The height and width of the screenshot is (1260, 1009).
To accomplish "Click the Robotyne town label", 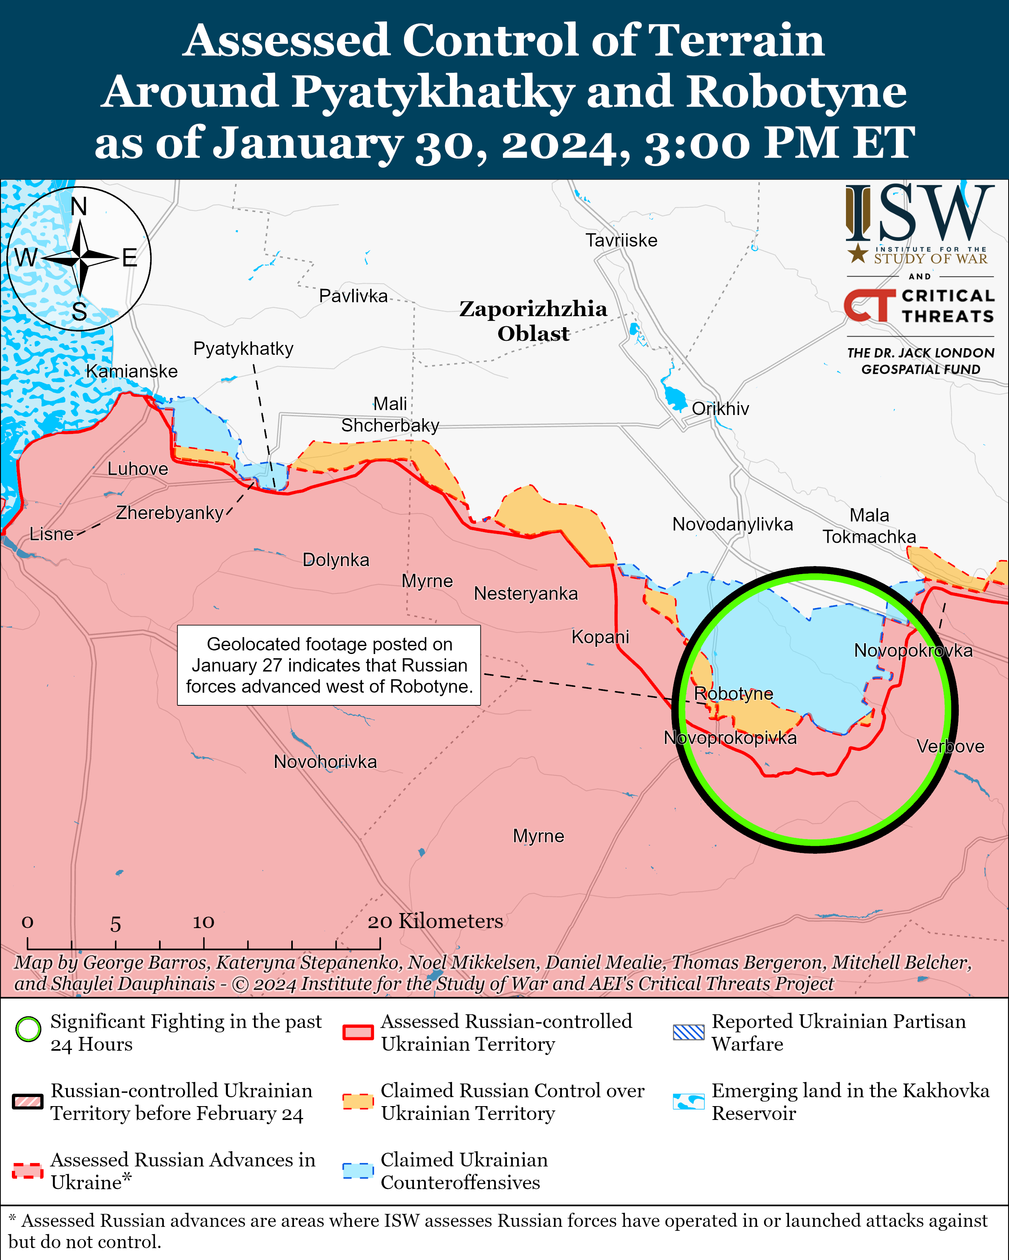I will point(733,694).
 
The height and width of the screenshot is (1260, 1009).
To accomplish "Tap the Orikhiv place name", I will point(720,409).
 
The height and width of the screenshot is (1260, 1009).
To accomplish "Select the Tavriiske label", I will point(621,240).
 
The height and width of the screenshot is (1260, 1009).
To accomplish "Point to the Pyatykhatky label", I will point(243,349).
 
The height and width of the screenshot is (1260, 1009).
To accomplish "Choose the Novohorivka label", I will point(325,762).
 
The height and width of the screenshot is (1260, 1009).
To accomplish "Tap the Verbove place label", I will point(950,746).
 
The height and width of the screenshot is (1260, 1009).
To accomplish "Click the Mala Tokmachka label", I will point(869,526).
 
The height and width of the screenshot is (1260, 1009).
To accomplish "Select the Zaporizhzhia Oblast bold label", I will point(533,320).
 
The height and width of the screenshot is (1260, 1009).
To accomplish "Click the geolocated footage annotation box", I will point(329,665).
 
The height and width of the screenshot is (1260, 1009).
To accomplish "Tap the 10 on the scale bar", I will point(203,922).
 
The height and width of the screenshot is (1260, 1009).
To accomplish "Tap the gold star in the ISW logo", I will point(857,254).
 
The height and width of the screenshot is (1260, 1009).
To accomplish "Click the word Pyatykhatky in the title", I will point(433,92).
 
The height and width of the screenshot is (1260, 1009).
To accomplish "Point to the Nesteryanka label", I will point(525,594).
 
